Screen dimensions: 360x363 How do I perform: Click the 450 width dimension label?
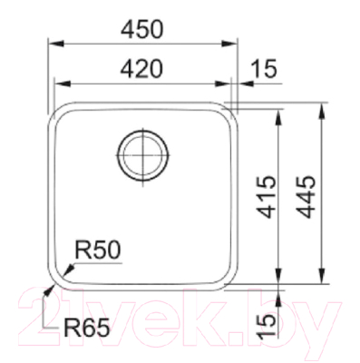click(x=141, y=29)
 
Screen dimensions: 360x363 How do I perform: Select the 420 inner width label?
click(x=141, y=68)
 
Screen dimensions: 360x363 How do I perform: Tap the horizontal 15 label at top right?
click(x=264, y=68)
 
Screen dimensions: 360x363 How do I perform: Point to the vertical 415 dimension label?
click(x=267, y=197)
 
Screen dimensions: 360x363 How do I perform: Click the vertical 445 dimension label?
click(x=306, y=197)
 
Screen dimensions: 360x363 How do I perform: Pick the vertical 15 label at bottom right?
click(x=267, y=325)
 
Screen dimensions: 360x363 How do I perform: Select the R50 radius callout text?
click(x=97, y=250)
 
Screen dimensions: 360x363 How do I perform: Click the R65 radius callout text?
click(x=87, y=328)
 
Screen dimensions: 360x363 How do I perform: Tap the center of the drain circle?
click(x=142, y=155)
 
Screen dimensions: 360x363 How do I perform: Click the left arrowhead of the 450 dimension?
click(x=56, y=44)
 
